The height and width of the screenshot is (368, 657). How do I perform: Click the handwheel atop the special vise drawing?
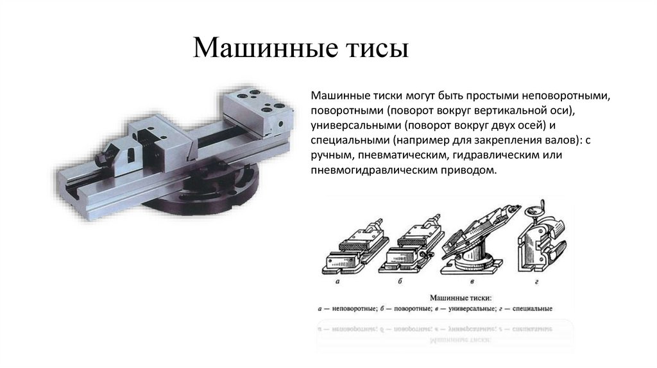(534, 211)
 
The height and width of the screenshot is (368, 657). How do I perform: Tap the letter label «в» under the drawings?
(472, 281)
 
